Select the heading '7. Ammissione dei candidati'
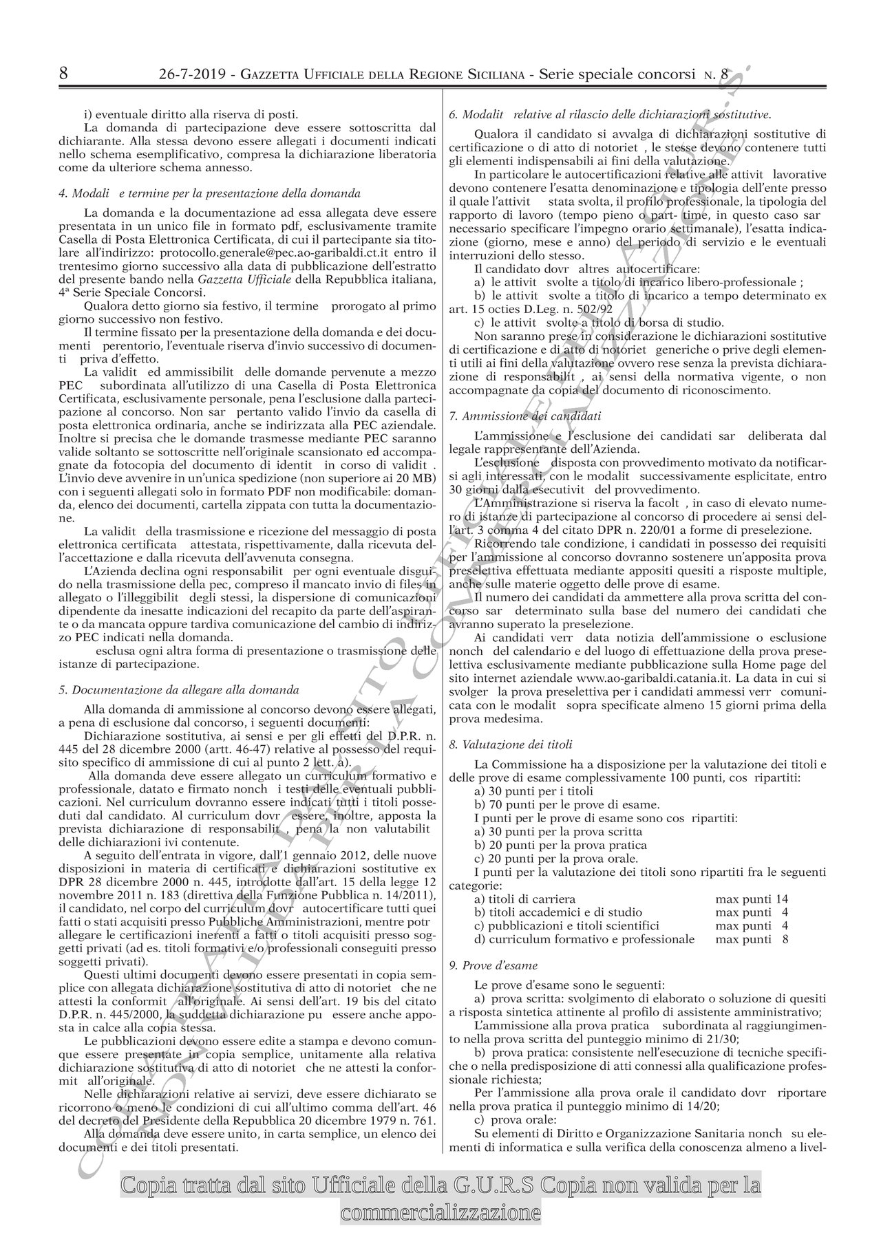(x=524, y=416)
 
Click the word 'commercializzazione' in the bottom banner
(x=440, y=1212)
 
